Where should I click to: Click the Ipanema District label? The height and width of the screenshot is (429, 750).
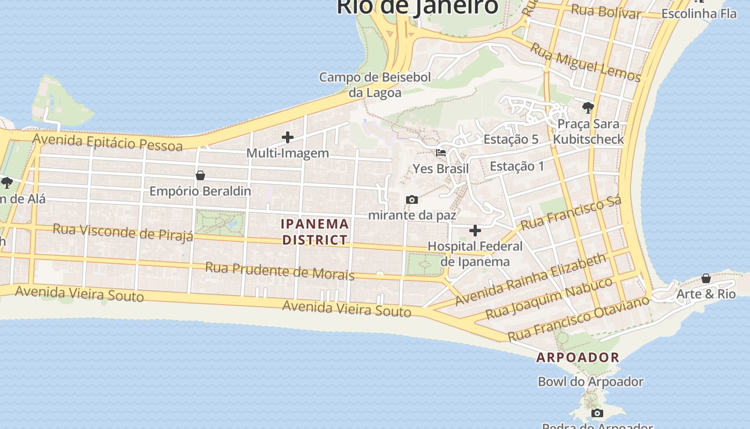click(316, 232)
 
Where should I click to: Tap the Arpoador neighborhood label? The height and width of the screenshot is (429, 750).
click(577, 357)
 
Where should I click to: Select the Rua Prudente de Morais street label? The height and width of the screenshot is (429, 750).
click(280, 271)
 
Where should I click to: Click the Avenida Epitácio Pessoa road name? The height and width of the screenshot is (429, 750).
click(107, 142)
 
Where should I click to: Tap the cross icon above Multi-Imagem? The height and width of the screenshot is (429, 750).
click(288, 137)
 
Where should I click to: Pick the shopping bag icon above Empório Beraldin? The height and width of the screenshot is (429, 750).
click(200, 175)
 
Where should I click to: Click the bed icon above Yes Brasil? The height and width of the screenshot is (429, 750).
click(441, 153)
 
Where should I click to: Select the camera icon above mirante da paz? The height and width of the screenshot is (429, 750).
click(412, 200)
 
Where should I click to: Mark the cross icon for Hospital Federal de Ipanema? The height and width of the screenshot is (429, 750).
click(475, 231)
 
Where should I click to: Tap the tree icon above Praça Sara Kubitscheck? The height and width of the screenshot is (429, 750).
click(588, 108)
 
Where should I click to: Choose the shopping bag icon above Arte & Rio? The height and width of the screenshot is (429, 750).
click(706, 278)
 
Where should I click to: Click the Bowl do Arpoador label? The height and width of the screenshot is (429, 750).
click(590, 382)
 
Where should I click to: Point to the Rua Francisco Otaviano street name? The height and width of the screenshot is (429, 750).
click(578, 319)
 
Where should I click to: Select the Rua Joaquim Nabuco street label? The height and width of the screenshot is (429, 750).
click(549, 298)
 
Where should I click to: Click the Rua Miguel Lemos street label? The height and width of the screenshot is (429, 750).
click(586, 63)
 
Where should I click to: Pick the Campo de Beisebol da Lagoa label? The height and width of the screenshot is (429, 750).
click(375, 85)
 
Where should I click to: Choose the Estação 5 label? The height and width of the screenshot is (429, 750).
click(511, 139)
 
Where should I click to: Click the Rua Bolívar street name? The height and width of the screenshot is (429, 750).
click(605, 11)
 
